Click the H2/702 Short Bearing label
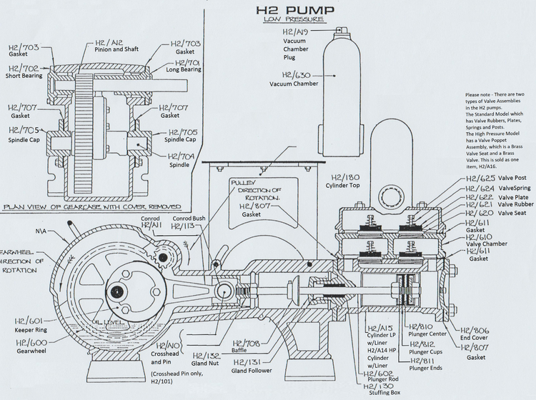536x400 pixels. pyautogui.click(x=24, y=71)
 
